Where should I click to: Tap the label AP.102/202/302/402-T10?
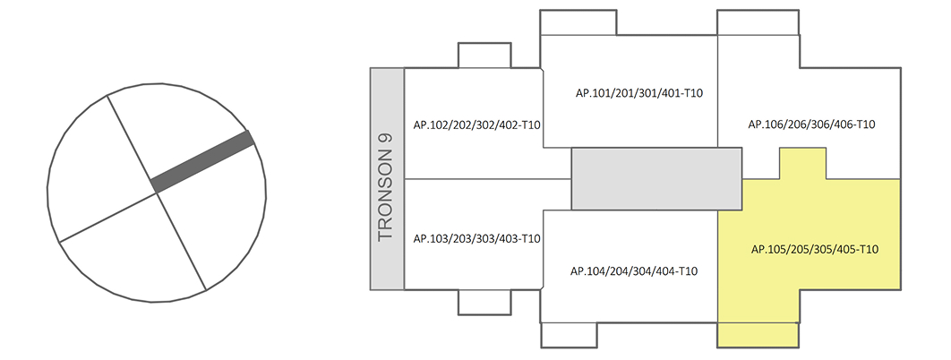pyautogui.click(x=475, y=125)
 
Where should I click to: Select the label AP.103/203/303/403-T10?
pyautogui.click(x=475, y=238)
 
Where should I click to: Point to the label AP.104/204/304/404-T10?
pyautogui.click(x=633, y=271)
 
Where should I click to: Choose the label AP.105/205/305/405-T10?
pyautogui.click(x=812, y=249)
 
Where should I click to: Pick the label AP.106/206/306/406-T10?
pyautogui.click(x=811, y=124)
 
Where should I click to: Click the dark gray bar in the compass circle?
pyautogui.click(x=203, y=161)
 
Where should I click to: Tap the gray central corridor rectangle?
pyautogui.click(x=656, y=179)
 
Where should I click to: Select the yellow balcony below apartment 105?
pyautogui.click(x=758, y=334)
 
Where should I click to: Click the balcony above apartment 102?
pyautogui.click(x=484, y=56)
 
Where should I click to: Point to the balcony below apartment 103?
pyautogui.click(x=484, y=302)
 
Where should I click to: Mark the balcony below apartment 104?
pyautogui.click(x=570, y=334)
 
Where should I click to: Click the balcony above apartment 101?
pyautogui.click(x=578, y=22)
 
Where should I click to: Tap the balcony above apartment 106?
pyautogui.click(x=758, y=22)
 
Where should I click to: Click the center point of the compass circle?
pyautogui.click(x=157, y=191)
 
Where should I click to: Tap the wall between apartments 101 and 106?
pyautogui.click(x=718, y=90)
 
